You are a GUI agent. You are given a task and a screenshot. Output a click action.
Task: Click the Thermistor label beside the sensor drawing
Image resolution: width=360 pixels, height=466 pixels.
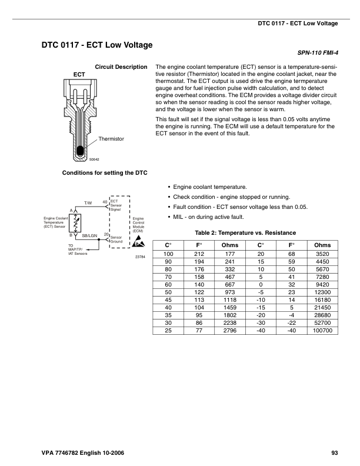pos(111,139)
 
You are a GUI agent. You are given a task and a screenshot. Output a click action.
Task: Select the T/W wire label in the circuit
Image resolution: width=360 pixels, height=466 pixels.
pos(88,203)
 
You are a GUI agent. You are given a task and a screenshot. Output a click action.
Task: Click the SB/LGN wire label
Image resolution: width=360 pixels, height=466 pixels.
pos(89,235)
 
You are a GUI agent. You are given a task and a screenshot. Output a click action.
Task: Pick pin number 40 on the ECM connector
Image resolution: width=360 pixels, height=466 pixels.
pos(105,202)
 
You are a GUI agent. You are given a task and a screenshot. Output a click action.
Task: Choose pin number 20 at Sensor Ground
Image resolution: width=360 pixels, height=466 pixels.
pos(105,234)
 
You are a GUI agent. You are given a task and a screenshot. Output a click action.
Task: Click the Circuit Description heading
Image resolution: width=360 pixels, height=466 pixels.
pos(121,66)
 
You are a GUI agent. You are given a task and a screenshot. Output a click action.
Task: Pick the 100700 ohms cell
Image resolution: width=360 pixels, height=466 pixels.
pos(322,331)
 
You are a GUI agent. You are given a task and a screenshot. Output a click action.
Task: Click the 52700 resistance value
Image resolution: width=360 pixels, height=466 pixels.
pos(322,323)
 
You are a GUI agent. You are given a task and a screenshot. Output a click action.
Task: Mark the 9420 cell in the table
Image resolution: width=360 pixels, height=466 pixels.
pos(322,284)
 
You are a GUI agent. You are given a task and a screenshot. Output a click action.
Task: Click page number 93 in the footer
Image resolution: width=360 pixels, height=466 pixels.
pos(334,452)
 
